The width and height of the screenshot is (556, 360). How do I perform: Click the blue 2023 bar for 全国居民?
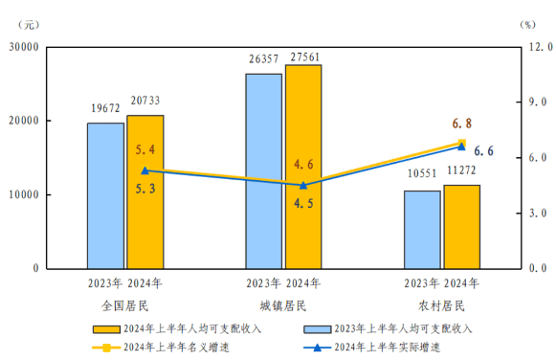coord(105,195)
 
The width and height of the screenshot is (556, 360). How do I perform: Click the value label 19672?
coord(105,109)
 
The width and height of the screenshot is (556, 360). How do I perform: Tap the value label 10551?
coord(422,176)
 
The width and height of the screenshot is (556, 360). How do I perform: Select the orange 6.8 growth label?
coord(461,124)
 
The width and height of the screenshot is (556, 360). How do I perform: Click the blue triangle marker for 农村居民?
coord(461,146)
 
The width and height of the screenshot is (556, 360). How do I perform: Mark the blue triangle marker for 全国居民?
coord(145,170)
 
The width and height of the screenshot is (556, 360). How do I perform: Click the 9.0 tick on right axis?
coord(533,101)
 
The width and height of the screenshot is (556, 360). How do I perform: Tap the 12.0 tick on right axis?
coord(533,47)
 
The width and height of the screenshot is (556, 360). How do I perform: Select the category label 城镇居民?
coord(283,305)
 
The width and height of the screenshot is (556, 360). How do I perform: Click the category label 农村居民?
coord(441,305)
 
